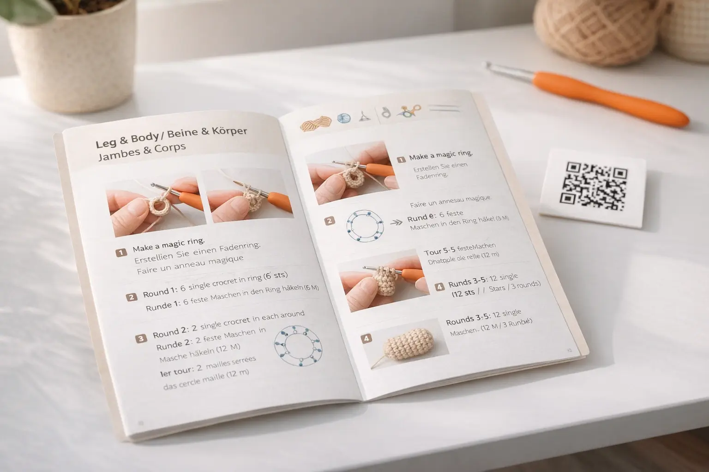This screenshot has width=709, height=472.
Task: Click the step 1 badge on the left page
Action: (121, 252)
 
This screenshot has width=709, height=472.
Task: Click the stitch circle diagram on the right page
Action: (365, 226)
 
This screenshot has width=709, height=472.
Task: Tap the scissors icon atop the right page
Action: (410, 111)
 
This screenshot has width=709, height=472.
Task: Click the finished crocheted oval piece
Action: (409, 342)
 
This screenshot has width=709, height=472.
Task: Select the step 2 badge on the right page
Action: (329, 221)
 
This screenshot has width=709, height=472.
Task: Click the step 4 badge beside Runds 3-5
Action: (439, 287)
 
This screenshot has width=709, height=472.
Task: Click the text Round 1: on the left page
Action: (161, 292)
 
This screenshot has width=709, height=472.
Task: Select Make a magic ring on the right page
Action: (440, 155)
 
